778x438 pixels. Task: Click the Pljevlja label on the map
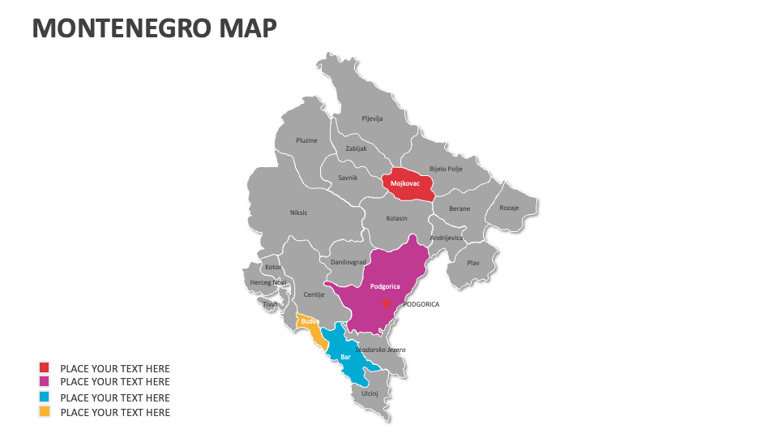point(372,118)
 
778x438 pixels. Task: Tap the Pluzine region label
point(306,140)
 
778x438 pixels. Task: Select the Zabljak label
point(356,148)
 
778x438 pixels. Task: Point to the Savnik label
point(348,178)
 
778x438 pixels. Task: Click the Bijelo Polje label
point(445,169)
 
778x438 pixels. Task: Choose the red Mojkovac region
point(407,183)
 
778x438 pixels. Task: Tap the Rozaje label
point(509,208)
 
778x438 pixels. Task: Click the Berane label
point(460,208)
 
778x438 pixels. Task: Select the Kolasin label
point(396,218)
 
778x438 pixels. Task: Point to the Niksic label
point(298,213)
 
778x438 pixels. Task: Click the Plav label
point(473,263)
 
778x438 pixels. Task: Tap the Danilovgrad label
point(348,262)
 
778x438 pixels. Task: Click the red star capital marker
point(387,303)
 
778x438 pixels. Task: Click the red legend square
point(45,368)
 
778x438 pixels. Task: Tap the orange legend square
point(45,412)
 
